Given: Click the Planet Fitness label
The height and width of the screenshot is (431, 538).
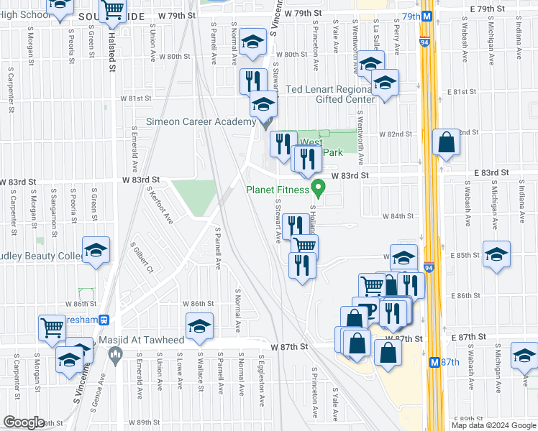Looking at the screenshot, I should click(x=278, y=190).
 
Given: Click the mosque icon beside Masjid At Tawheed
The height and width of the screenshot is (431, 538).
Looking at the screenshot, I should click(x=114, y=353).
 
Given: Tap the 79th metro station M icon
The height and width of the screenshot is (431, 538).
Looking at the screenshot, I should click(x=427, y=16).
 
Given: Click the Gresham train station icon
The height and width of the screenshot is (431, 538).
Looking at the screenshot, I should click(x=104, y=319).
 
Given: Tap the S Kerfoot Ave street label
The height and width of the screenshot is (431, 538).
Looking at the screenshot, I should click(x=159, y=205).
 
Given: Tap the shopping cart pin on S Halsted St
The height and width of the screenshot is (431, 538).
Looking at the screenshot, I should click(x=113, y=9).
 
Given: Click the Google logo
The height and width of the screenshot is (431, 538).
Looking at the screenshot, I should click(x=24, y=422).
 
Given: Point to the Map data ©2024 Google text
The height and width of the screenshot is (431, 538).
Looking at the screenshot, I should click(x=493, y=425).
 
